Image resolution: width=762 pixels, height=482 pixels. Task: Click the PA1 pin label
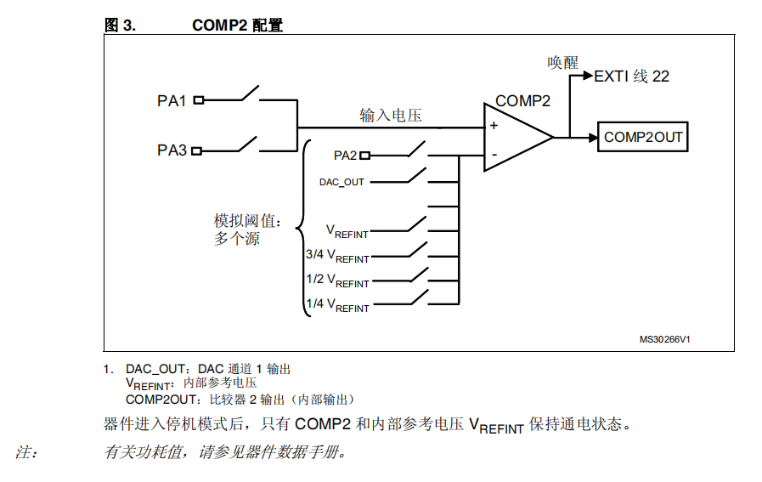coord(172,100)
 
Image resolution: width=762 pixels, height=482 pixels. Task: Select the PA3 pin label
coord(172,150)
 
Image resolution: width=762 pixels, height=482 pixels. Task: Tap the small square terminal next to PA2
coord(365,156)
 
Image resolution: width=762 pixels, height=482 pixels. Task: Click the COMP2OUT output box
coord(642,137)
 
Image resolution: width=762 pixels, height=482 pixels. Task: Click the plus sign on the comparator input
coord(494,126)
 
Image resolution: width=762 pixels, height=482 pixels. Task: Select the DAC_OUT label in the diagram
coord(341,183)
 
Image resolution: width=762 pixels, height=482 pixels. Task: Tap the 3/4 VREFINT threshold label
coord(337,256)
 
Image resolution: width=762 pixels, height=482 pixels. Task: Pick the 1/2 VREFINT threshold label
coord(337,281)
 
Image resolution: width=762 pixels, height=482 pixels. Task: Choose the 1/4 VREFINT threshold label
coord(337,305)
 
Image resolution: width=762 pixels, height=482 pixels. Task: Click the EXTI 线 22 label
coord(631,77)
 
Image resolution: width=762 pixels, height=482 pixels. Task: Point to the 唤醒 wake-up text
coord(562,63)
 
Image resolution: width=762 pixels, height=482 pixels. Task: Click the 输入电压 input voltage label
coord(391,116)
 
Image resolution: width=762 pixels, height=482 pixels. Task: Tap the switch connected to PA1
coord(251,94)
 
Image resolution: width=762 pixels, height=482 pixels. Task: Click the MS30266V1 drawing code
coord(664,339)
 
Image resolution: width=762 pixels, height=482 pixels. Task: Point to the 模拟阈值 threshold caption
coord(248,221)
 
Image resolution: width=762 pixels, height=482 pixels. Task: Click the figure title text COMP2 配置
coord(238,26)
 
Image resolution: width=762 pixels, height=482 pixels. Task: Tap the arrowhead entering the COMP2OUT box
coord(593,138)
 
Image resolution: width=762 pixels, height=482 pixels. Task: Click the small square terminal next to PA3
coord(196,151)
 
